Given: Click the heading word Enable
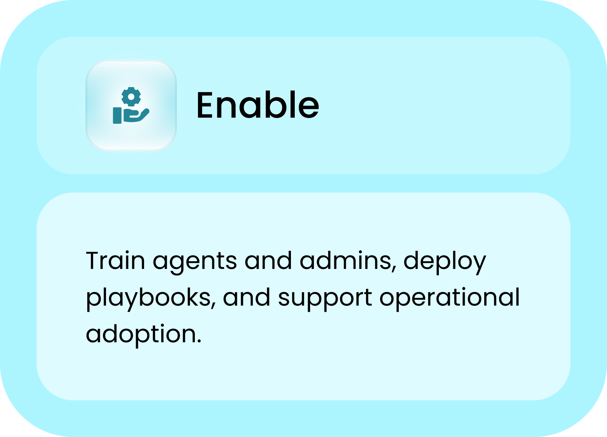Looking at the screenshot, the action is [x=258, y=105].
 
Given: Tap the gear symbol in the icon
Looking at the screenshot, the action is [x=131, y=97].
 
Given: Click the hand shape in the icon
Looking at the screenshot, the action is [x=136, y=115].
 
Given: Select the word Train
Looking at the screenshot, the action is [x=116, y=260].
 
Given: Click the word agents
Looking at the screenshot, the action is [x=195, y=263].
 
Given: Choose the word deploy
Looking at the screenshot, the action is [x=445, y=262].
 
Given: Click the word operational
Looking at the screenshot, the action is [x=450, y=298].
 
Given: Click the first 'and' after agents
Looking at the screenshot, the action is [x=268, y=260].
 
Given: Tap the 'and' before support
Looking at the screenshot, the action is [x=247, y=297].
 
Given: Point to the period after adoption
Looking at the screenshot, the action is [x=199, y=342].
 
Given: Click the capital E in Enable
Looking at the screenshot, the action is [x=205, y=105].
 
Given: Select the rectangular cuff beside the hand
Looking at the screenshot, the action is [x=117, y=115].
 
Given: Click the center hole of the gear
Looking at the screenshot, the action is [x=131, y=97].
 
